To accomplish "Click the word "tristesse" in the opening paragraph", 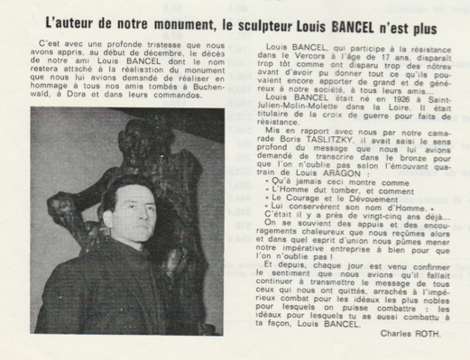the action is pos(138,42).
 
